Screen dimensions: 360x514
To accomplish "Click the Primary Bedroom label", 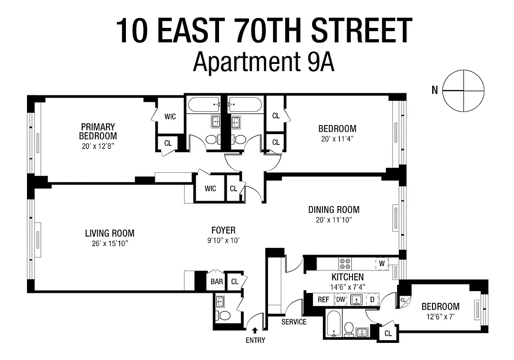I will [x=98, y=131].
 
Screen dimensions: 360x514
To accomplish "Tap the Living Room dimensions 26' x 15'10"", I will [x=110, y=243].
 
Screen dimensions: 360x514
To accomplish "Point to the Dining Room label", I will [x=334, y=210].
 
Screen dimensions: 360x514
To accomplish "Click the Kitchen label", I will [x=348, y=277].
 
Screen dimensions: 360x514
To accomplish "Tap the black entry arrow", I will [x=255, y=331].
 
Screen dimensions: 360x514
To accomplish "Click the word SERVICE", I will [x=294, y=322].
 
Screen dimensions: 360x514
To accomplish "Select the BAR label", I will [x=217, y=282].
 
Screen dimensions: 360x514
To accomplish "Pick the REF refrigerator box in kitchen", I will [x=323, y=299].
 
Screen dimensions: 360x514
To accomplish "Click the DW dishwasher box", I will [x=341, y=299].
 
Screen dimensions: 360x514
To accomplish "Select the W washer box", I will [x=381, y=263].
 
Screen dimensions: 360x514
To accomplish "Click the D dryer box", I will [x=372, y=299].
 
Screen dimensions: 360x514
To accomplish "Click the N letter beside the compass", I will [x=434, y=90].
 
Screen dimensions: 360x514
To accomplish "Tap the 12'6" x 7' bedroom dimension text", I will [x=440, y=317].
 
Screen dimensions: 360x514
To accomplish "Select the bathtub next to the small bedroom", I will [x=333, y=323].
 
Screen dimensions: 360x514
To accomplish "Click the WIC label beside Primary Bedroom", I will [x=170, y=117].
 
